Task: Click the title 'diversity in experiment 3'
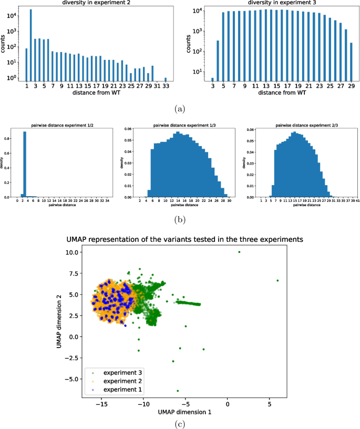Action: pyautogui.click(x=273, y=3)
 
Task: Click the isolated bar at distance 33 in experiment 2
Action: pyautogui.click(x=166, y=79)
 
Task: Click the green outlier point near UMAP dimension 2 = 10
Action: pyautogui.click(x=239, y=252)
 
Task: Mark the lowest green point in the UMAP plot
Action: pyautogui.click(x=178, y=391)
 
